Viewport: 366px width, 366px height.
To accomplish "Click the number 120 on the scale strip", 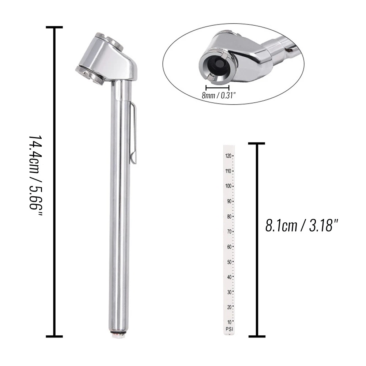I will pos(229,156).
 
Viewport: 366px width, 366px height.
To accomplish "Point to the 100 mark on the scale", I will pos(229,186).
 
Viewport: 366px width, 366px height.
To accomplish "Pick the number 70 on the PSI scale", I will pos(229,231).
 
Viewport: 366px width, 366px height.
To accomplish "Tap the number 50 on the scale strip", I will pos(229,262).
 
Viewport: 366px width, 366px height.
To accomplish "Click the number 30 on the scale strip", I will pos(229,292).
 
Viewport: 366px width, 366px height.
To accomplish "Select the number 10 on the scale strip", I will pos(229,322).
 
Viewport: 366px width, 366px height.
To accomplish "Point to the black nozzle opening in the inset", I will pos(217,64).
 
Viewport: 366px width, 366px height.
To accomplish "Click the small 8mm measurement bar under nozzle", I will pos(217,87).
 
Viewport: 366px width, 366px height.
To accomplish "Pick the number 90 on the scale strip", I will pos(229,201).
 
